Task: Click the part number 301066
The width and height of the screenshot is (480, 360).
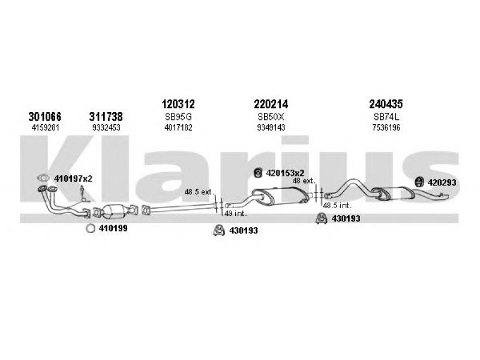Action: tap(44, 116)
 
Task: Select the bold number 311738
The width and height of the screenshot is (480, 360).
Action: tap(106, 116)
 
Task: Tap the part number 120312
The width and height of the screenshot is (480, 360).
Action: tap(178, 104)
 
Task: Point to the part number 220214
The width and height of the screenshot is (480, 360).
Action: tap(271, 104)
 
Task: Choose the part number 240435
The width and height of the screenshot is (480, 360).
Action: tap(386, 104)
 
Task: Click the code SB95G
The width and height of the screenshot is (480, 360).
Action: tap(178, 116)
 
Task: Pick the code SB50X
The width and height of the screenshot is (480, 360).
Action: tap(271, 116)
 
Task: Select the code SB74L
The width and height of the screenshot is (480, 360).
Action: tap(386, 116)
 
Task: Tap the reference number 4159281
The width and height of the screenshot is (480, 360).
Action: tap(45, 127)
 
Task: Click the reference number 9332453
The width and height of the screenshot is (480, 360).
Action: tap(106, 127)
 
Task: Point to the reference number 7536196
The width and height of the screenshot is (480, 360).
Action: tap(386, 127)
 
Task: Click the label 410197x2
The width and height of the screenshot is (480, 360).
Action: tap(73, 178)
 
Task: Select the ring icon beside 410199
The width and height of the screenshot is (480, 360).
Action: tap(90, 229)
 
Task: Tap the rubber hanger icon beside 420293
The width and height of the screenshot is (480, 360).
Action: tap(419, 182)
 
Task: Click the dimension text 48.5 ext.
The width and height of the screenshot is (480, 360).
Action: tap(199, 192)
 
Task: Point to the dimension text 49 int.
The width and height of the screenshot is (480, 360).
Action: tap(236, 214)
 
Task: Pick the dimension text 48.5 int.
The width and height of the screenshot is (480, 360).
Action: tap(337, 205)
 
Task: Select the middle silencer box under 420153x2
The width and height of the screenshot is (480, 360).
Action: tap(280, 196)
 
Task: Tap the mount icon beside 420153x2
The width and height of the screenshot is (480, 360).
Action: tap(259, 173)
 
